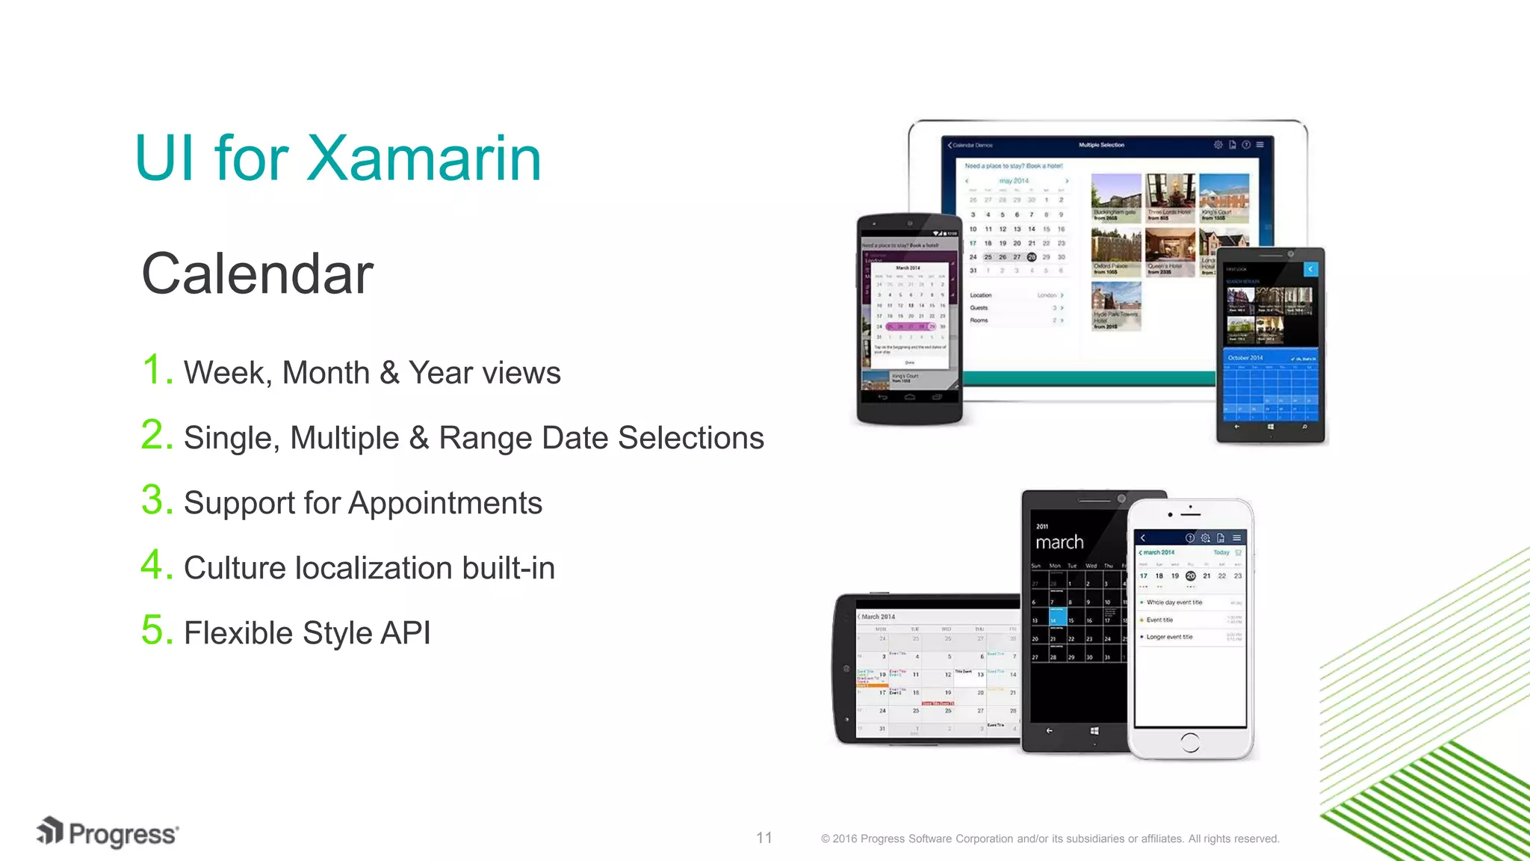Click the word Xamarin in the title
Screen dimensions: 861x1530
tap(424, 158)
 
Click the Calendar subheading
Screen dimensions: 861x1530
tap(257, 274)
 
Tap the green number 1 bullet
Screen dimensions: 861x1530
tap(156, 370)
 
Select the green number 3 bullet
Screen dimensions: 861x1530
tap(156, 500)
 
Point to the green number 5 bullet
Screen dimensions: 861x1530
tap(156, 630)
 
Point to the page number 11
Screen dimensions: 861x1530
tap(764, 838)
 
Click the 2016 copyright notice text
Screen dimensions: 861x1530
tap(1050, 839)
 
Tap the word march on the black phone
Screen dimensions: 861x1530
tap(1059, 542)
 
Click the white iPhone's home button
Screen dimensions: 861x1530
tap(1190, 741)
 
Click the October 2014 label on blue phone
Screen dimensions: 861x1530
tap(1245, 358)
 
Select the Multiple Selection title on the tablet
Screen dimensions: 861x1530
tap(1101, 145)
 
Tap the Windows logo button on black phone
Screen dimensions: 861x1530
tap(1094, 731)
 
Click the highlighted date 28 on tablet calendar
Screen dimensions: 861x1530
tap(1031, 257)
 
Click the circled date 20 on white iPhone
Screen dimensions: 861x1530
tap(1190, 576)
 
